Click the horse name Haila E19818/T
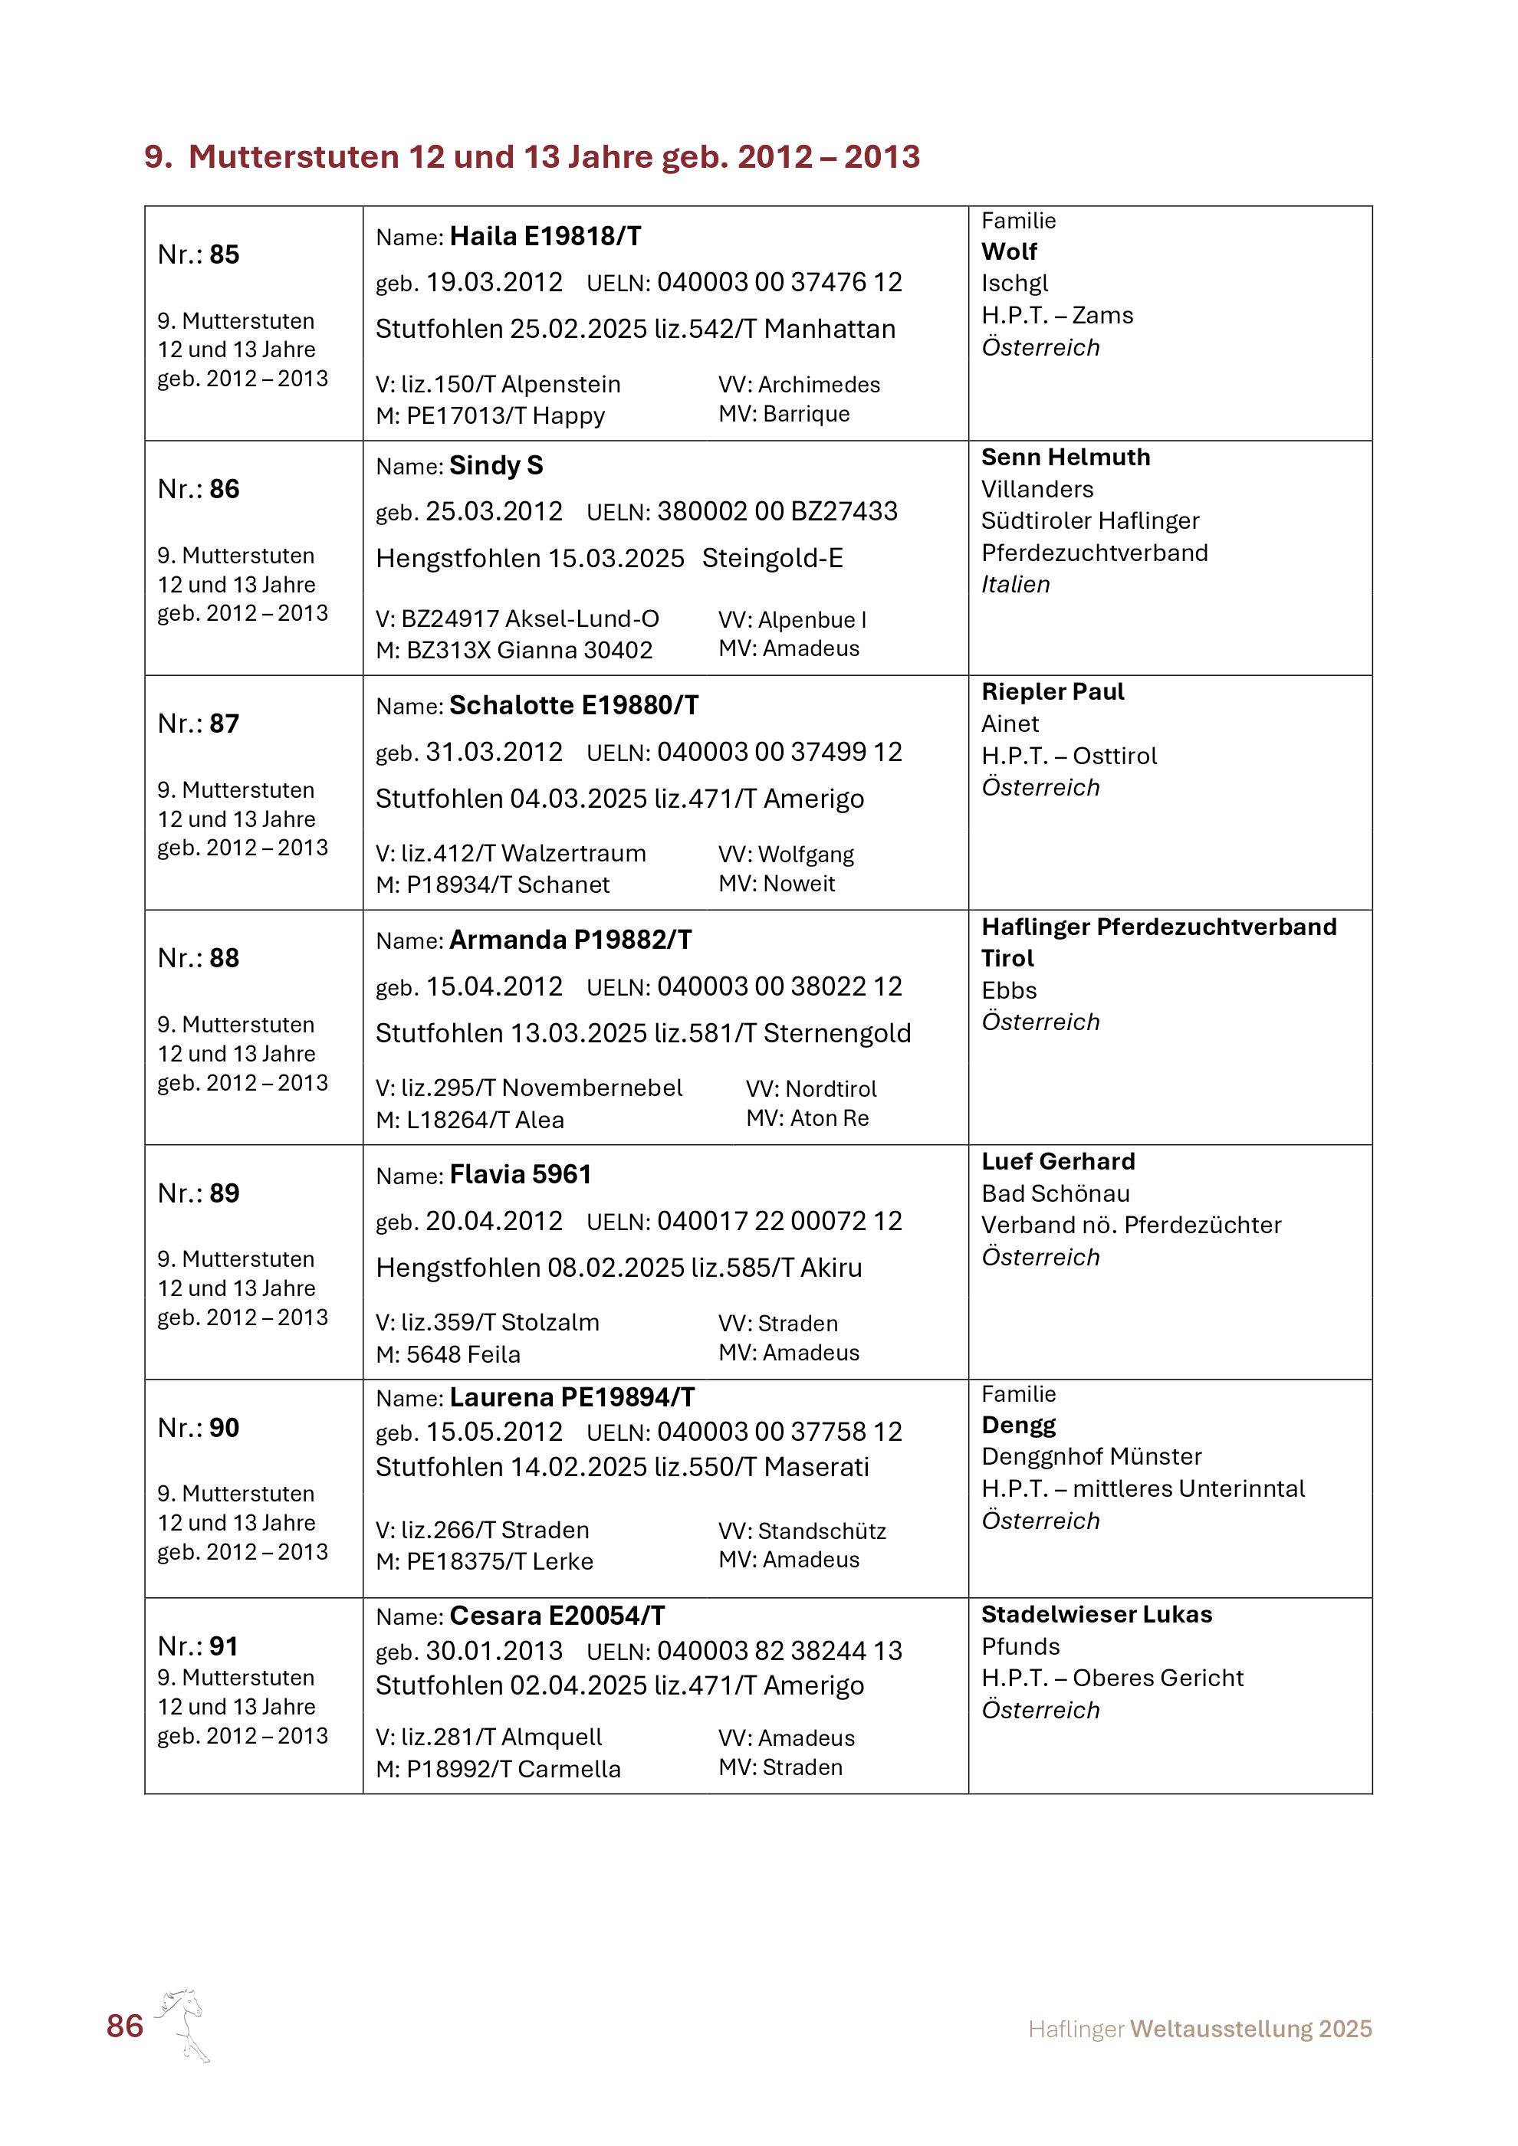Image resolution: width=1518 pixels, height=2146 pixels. click(x=545, y=237)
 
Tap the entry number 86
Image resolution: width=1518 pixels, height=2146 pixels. click(x=225, y=489)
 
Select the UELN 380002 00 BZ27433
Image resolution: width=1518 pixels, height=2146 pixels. click(x=777, y=511)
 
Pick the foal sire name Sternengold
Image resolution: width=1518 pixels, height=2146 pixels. click(x=836, y=1033)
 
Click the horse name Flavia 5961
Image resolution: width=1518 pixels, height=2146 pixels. click(x=521, y=1174)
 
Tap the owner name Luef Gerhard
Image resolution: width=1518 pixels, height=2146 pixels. click(x=1058, y=1161)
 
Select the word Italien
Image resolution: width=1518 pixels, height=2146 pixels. click(x=1015, y=584)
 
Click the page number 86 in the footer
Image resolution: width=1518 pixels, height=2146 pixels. click(x=124, y=2026)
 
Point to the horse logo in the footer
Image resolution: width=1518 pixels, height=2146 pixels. click(x=183, y=2023)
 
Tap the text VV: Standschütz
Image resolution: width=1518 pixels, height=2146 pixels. click(x=802, y=1531)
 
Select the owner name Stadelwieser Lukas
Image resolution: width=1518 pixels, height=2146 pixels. click(x=1096, y=1614)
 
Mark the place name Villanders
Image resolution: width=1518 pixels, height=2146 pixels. click(x=1037, y=489)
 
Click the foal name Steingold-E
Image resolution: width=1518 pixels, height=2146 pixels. click(x=772, y=558)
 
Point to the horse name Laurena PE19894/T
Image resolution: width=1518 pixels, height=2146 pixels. click(x=572, y=1397)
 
